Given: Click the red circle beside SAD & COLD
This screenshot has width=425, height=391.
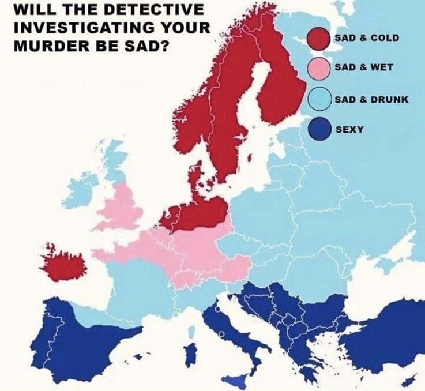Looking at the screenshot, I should click(318, 38).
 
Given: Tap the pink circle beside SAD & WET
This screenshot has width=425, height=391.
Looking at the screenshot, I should click(318, 68).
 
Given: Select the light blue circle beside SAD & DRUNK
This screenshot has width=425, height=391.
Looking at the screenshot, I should click(318, 99).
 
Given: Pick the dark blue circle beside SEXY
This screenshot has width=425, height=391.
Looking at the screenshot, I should click(318, 130).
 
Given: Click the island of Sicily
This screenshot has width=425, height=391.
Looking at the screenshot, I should click(235, 380).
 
